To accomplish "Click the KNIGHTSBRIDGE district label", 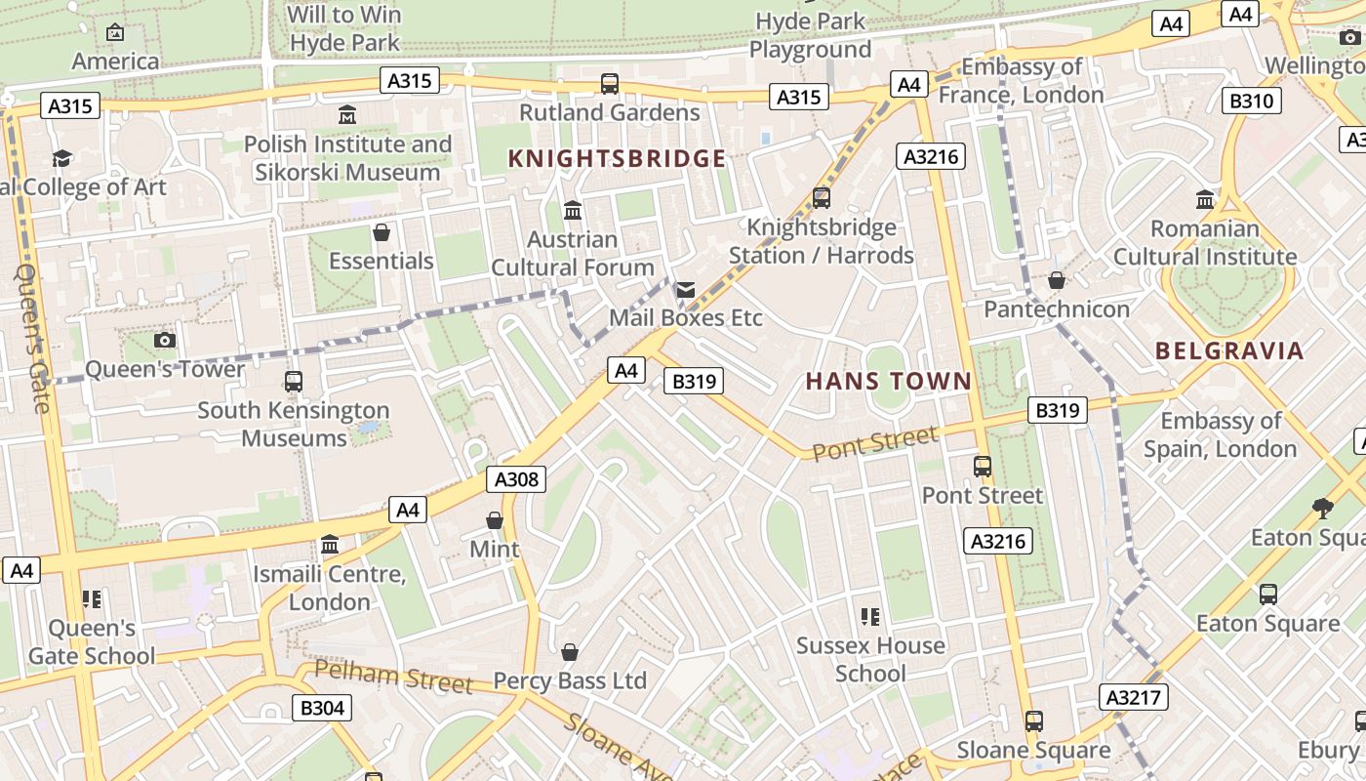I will coord(617,159).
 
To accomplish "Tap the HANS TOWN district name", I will coord(889,382).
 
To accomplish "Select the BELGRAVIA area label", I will coord(1229,351).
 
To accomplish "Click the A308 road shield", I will coord(515,479).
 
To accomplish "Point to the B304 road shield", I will coord(322,708).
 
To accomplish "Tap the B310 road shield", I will coord(1252,101).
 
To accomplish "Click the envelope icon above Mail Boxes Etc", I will coord(686,290).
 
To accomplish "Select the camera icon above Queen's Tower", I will coord(165,341).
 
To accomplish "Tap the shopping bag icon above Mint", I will coord(495,520).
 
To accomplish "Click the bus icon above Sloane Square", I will coord(1033,721).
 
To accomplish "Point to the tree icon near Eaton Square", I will coord(1322,508).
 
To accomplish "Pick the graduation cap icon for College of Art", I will coord(62,158).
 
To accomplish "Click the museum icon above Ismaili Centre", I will coord(330,544).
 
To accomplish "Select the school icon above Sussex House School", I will coord(870,616).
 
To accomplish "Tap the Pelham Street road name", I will coord(393,677).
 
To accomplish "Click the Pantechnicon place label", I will coord(1056,309).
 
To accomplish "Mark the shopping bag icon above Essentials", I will coord(382,232).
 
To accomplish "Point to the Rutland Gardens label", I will coord(609,112).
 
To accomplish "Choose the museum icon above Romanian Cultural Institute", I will coord(1205,200).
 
